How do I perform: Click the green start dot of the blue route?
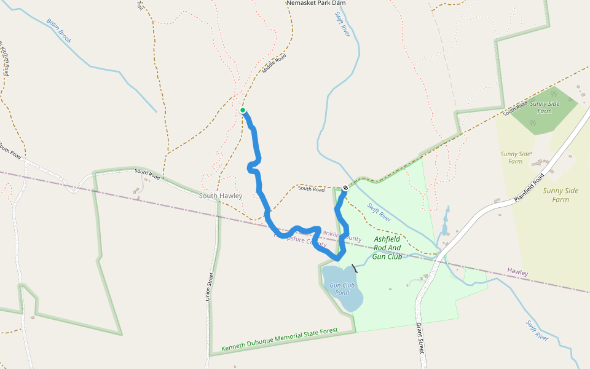[x=243, y=111]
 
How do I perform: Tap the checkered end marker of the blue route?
[x=345, y=188]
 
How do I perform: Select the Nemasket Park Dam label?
[x=316, y=3]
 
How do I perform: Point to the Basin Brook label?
[x=59, y=31]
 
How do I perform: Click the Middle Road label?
[x=274, y=63]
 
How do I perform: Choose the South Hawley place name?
[x=221, y=196]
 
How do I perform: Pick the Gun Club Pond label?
[x=342, y=288]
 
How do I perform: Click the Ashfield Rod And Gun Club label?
[x=387, y=247]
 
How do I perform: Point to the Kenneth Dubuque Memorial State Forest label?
[x=280, y=340]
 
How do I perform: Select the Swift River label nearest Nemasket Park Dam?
[x=342, y=24]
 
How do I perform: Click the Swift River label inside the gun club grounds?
[x=379, y=212]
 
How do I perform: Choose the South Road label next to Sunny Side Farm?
[x=514, y=109]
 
